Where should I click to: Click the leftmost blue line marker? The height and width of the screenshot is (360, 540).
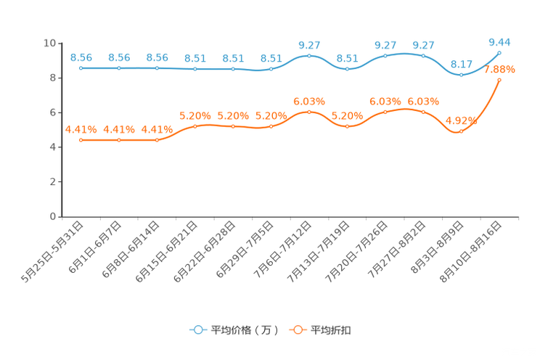point(81,68)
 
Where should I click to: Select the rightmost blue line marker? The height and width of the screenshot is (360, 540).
point(499,52)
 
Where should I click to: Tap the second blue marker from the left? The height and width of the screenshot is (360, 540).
point(119,68)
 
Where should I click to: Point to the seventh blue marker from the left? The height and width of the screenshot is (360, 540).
point(309,55)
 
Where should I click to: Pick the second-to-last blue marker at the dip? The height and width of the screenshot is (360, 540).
point(461,75)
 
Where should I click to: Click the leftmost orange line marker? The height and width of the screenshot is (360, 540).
point(81,139)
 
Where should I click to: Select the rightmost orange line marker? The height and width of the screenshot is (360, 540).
point(499,78)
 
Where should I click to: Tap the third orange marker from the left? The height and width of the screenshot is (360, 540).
point(157,139)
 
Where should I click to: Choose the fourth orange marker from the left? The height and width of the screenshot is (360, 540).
point(195,126)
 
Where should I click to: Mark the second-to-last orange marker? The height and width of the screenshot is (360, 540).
point(461,131)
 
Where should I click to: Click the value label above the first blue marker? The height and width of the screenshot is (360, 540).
point(81,57)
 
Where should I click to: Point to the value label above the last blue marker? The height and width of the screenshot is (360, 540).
point(499,42)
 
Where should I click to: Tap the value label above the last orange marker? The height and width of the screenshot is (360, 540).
point(499,69)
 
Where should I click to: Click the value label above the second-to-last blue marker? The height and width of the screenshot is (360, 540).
point(461,64)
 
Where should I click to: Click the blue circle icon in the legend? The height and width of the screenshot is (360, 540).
point(197,330)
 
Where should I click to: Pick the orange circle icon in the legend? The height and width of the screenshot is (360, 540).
point(298,330)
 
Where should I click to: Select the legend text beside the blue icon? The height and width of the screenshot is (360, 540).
point(245,330)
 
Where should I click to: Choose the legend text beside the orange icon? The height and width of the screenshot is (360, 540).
point(332,330)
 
